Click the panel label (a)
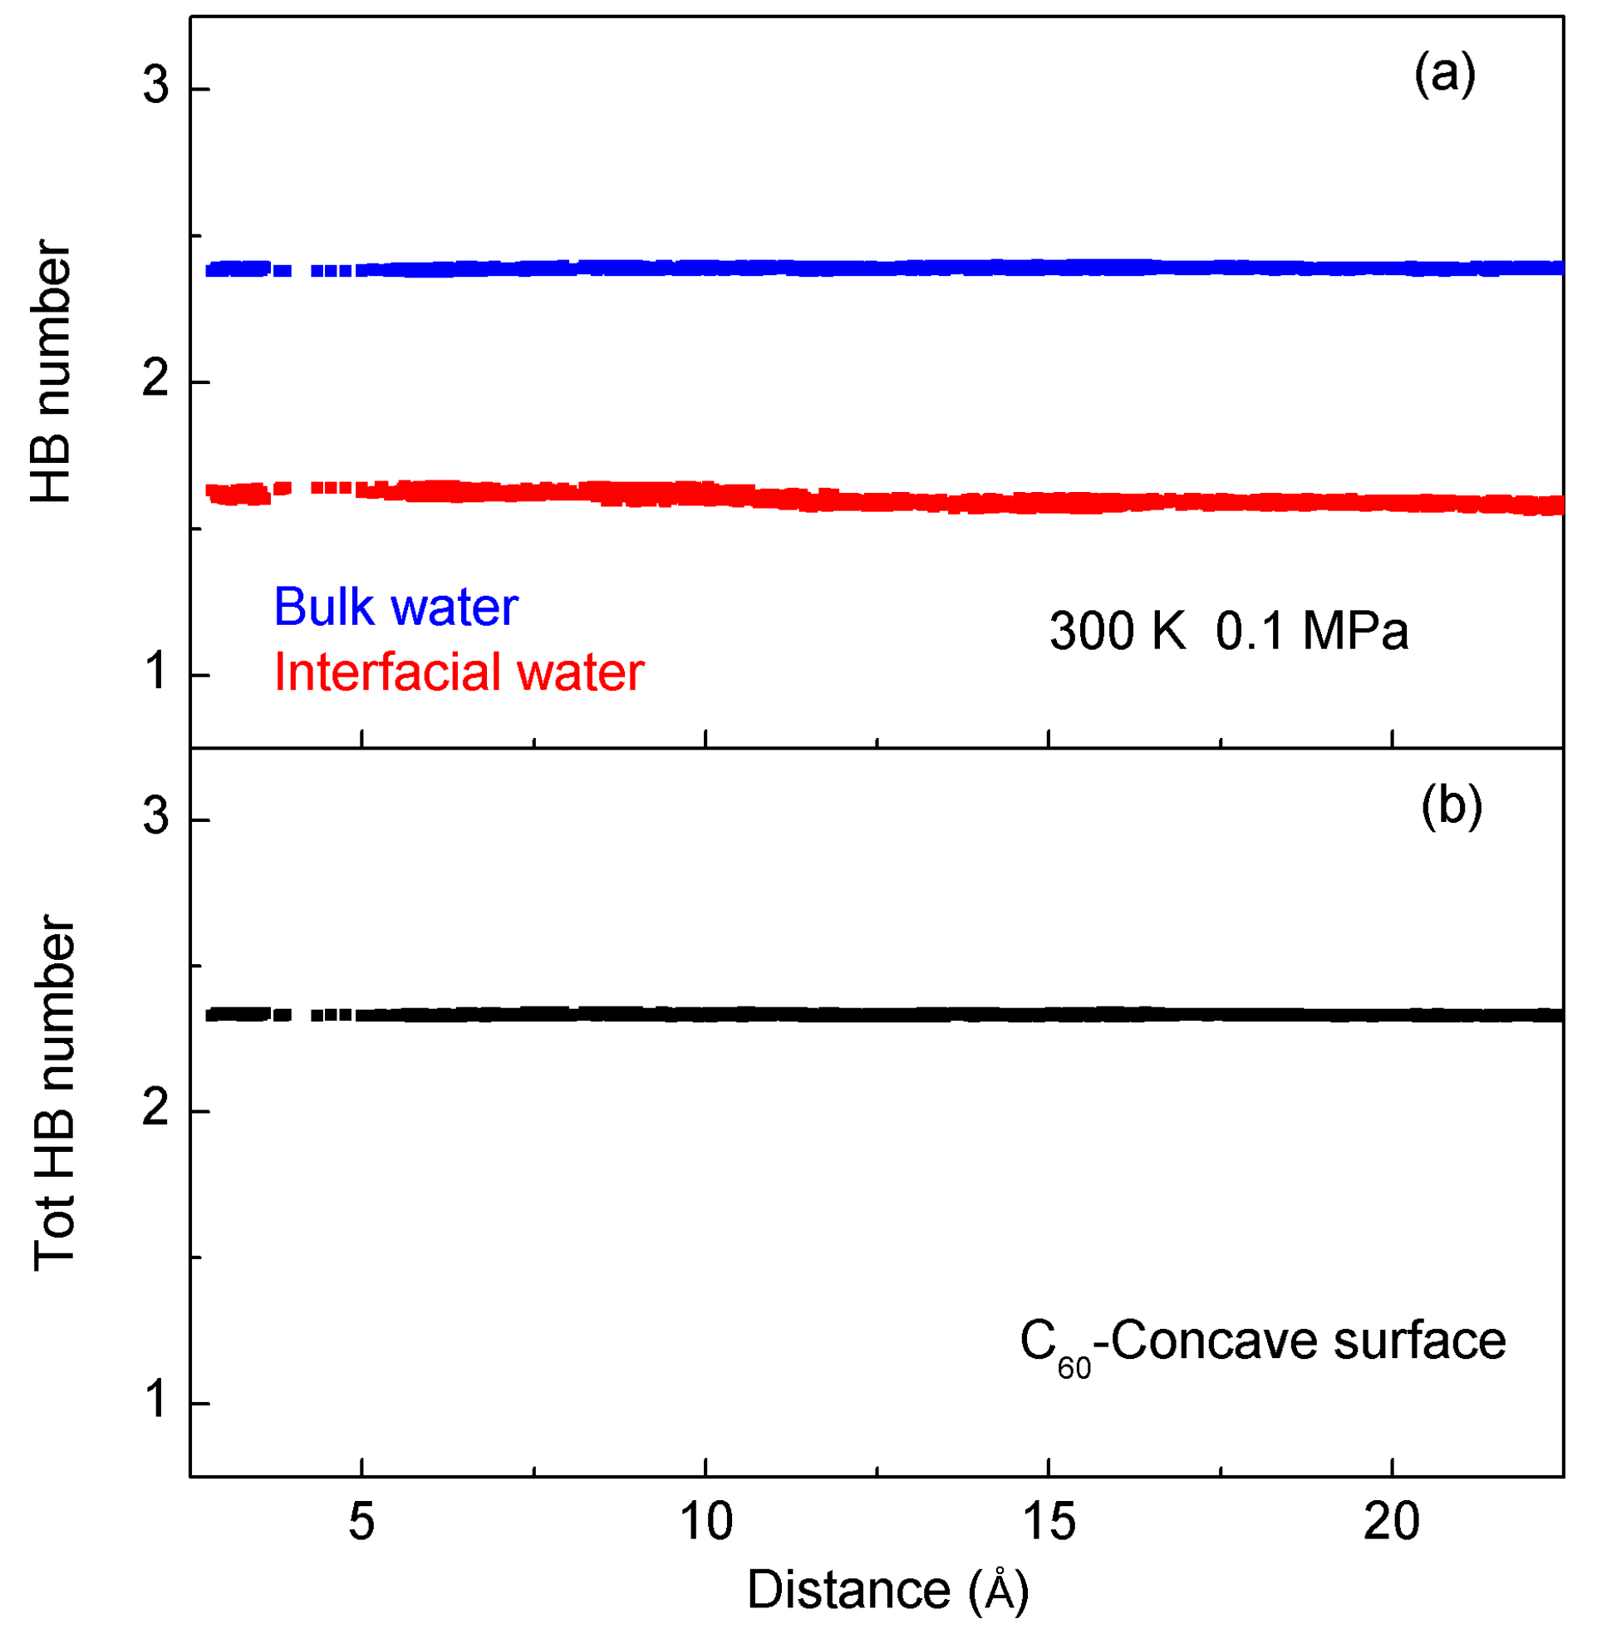tap(1444, 75)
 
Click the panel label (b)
tap(1451, 805)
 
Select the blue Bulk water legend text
tap(396, 607)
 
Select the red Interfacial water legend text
tap(459, 672)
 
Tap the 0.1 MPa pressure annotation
tap(1311, 630)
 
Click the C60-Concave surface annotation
tap(1262, 1341)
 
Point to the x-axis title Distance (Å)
tap(887, 1589)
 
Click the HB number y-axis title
tap(51, 372)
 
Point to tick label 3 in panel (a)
tap(155, 86)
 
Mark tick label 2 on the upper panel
tap(155, 380)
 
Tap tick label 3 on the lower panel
tap(155, 816)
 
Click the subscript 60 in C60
tap(1074, 1368)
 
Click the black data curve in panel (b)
tap(883, 1015)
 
